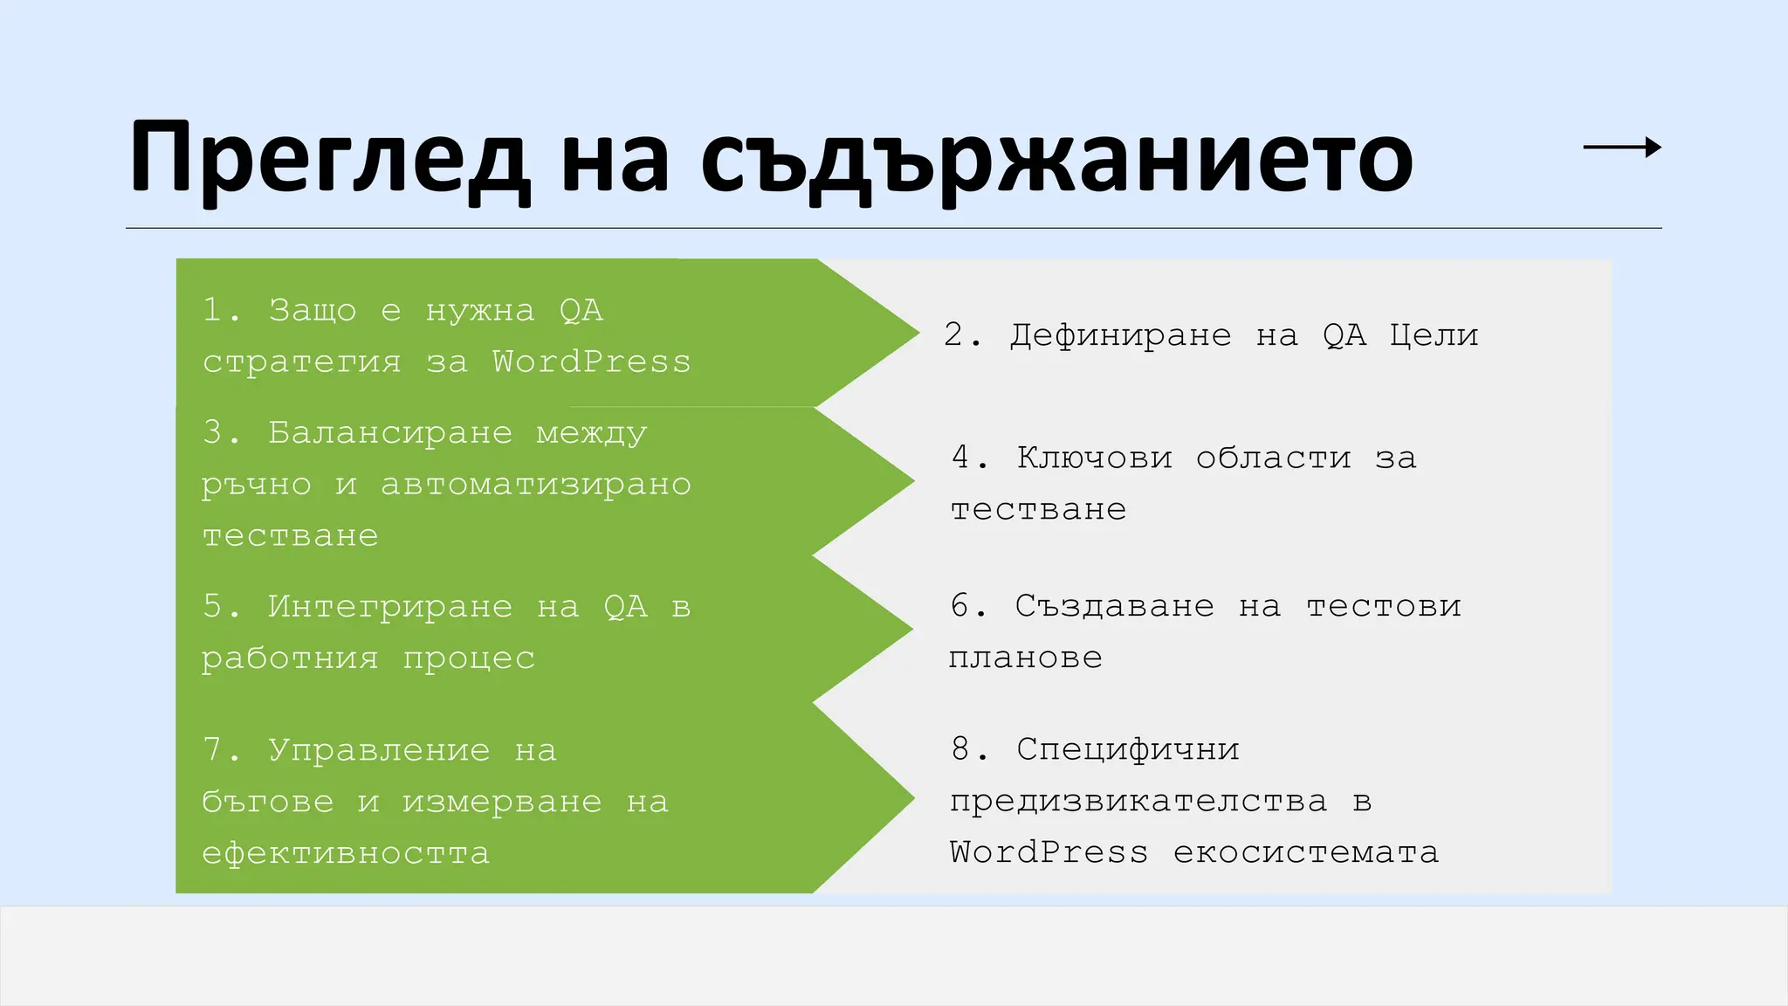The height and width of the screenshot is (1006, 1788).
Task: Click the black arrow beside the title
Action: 1622,148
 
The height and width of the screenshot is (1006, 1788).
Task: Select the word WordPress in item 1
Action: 591,362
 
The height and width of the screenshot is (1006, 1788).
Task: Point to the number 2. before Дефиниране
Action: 963,335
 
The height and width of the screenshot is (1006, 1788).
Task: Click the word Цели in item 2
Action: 1434,335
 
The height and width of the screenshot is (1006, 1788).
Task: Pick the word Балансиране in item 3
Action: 390,432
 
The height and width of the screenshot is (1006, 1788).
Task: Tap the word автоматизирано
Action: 536,484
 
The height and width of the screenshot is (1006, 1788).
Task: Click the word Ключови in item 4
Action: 1095,458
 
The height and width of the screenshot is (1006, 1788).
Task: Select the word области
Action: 1273,458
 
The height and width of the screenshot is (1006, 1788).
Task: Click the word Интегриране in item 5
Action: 390,606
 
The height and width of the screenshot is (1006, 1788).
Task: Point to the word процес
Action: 469,658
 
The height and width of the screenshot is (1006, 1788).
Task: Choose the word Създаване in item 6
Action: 1115,606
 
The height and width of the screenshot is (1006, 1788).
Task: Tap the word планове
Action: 1026,658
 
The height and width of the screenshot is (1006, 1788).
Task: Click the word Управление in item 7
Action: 379,750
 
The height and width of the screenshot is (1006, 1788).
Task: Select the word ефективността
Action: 346,853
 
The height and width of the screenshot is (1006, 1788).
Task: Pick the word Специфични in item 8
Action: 1128,749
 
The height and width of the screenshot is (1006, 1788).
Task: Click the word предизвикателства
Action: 1138,801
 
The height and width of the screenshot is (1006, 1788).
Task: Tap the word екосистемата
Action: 1306,852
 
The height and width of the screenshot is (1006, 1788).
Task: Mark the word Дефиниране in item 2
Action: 1121,335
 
